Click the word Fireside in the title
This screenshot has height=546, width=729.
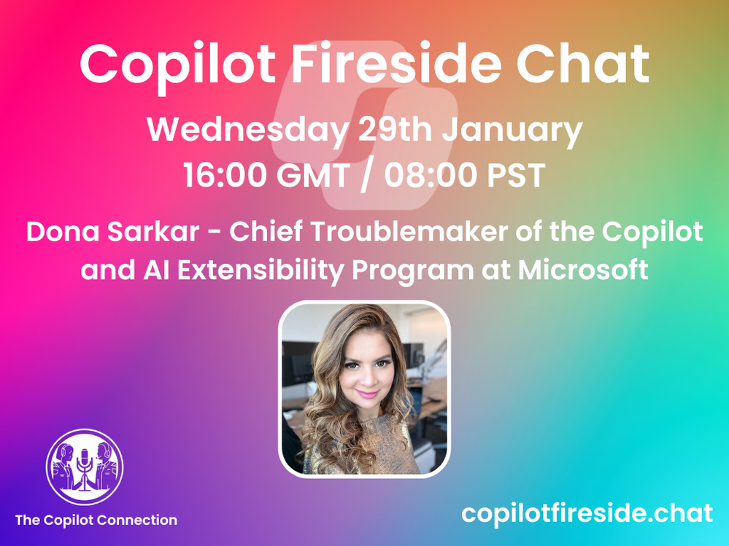396,63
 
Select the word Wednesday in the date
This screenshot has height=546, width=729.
247,130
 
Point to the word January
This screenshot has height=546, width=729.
512,130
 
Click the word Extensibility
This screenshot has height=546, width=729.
261,270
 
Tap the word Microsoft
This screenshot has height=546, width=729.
583,270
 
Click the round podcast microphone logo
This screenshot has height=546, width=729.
85,467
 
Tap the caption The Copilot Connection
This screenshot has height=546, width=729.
96,520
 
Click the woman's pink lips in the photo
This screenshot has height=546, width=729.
367,394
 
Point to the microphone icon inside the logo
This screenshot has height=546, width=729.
85,468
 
